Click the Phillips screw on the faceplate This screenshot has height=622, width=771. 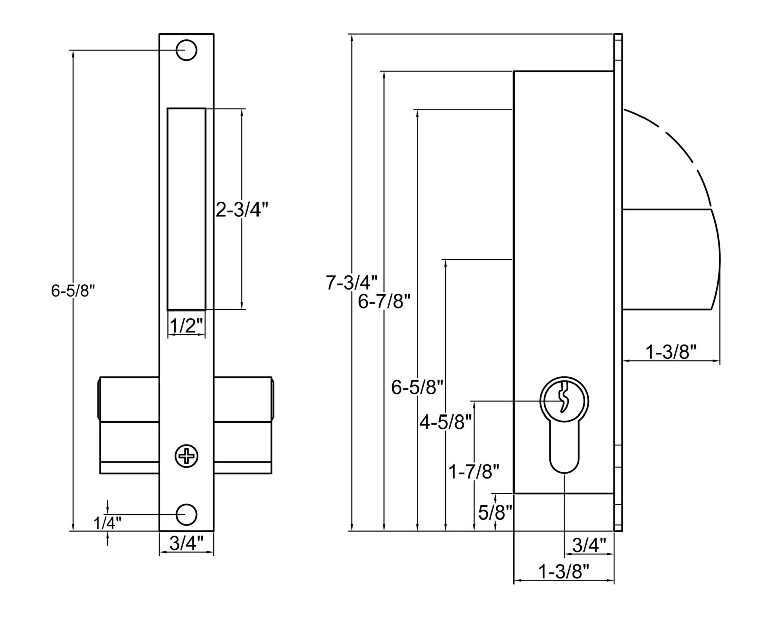186,456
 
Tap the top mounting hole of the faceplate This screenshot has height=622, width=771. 186,50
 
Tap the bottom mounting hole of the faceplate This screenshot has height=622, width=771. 186,514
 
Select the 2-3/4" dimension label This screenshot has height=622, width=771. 239,210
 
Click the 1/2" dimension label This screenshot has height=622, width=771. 186,326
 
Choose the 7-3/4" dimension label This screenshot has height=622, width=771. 351,283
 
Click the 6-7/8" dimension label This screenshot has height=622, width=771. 385,301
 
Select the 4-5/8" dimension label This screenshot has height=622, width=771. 446,423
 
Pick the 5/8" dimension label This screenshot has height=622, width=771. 495,512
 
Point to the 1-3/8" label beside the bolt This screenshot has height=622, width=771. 671,352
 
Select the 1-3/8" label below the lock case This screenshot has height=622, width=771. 563,572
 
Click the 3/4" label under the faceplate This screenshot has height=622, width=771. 186,543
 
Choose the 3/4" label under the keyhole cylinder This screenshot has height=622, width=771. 589,545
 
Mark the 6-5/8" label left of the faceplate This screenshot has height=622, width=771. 73,290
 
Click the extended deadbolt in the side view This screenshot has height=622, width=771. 668,259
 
